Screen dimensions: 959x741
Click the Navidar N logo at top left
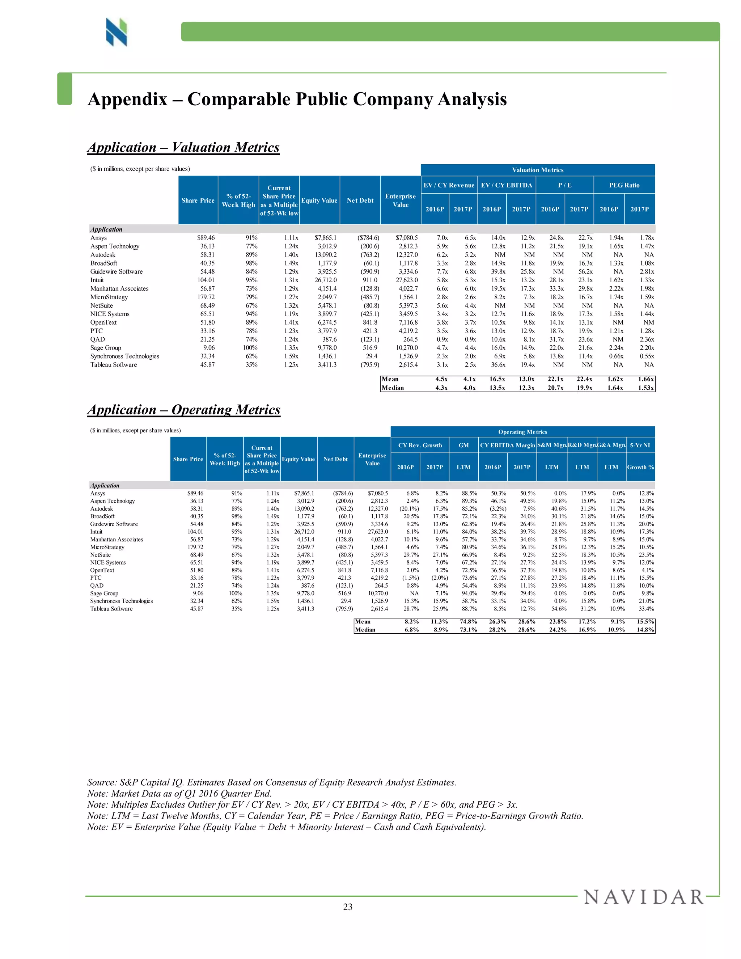pos(117,32)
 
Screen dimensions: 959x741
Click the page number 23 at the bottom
pos(348,907)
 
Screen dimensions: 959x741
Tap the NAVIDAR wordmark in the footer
pos(644,897)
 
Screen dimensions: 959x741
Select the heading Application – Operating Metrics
pos(183,409)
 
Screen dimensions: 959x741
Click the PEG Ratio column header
pos(624,185)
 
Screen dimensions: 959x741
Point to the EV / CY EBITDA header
pos(506,185)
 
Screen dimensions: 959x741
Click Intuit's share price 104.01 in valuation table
pos(206,280)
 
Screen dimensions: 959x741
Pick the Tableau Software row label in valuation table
pos(114,365)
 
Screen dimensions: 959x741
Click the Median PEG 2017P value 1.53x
pos(646,388)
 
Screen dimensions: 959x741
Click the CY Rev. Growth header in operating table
pos(420,445)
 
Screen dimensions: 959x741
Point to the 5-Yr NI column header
pos(640,445)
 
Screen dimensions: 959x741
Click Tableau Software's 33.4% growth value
pos(646,609)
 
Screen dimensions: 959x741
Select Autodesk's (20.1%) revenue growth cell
pos(409,509)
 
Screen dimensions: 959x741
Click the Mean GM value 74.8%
pos(468,621)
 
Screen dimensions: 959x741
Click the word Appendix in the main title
pos(127,99)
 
